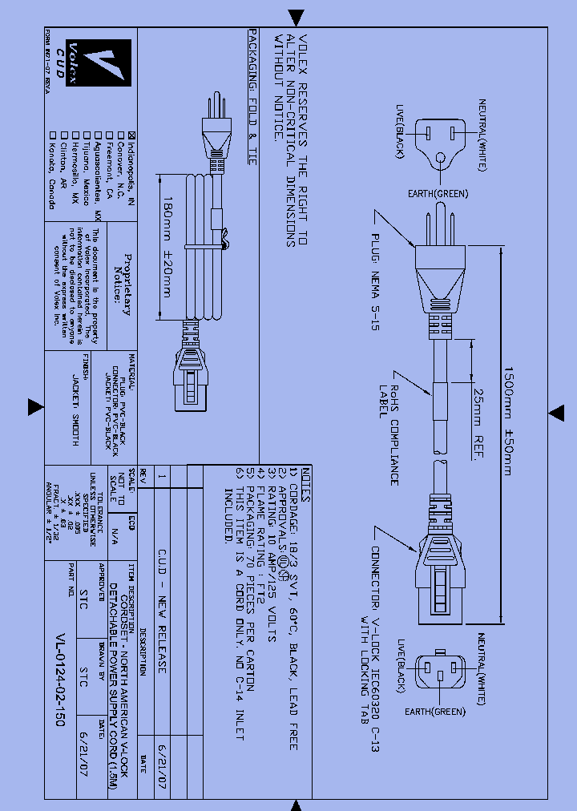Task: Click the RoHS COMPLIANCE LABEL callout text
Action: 389,431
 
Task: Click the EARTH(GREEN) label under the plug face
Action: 438,194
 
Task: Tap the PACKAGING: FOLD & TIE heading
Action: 252,96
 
